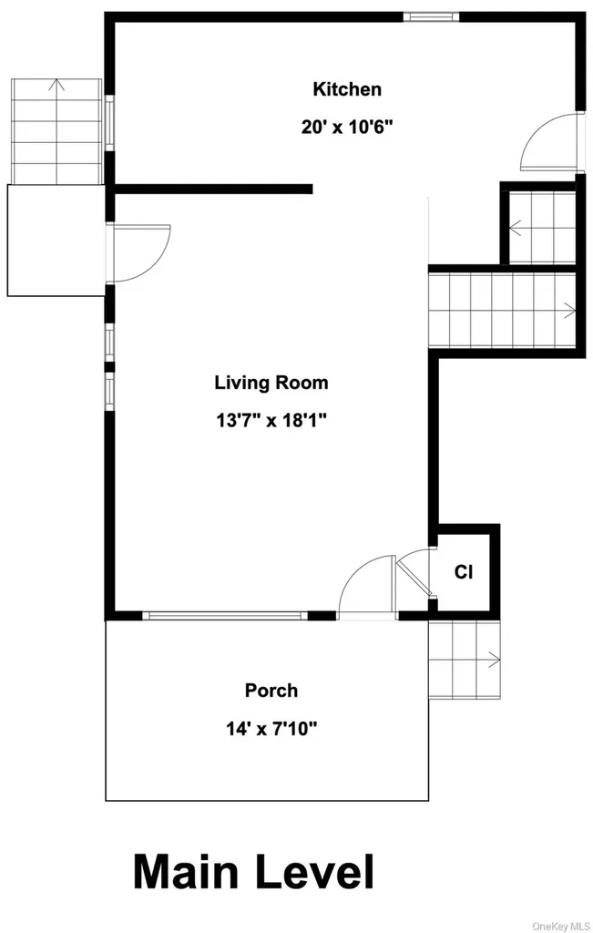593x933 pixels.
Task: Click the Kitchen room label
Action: click(347, 89)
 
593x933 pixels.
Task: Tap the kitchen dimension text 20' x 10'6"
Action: click(347, 127)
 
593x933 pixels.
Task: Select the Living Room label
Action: click(271, 383)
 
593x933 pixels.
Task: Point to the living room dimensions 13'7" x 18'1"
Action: click(271, 421)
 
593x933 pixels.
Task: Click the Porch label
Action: click(271, 691)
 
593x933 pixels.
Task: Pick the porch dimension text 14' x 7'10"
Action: click(271, 728)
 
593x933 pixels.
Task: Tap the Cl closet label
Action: click(464, 572)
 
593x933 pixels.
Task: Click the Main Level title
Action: click(254, 873)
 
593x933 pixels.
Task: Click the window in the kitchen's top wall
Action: click(431, 16)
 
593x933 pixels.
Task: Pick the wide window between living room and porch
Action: click(225, 616)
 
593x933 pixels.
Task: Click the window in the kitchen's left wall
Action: click(109, 123)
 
